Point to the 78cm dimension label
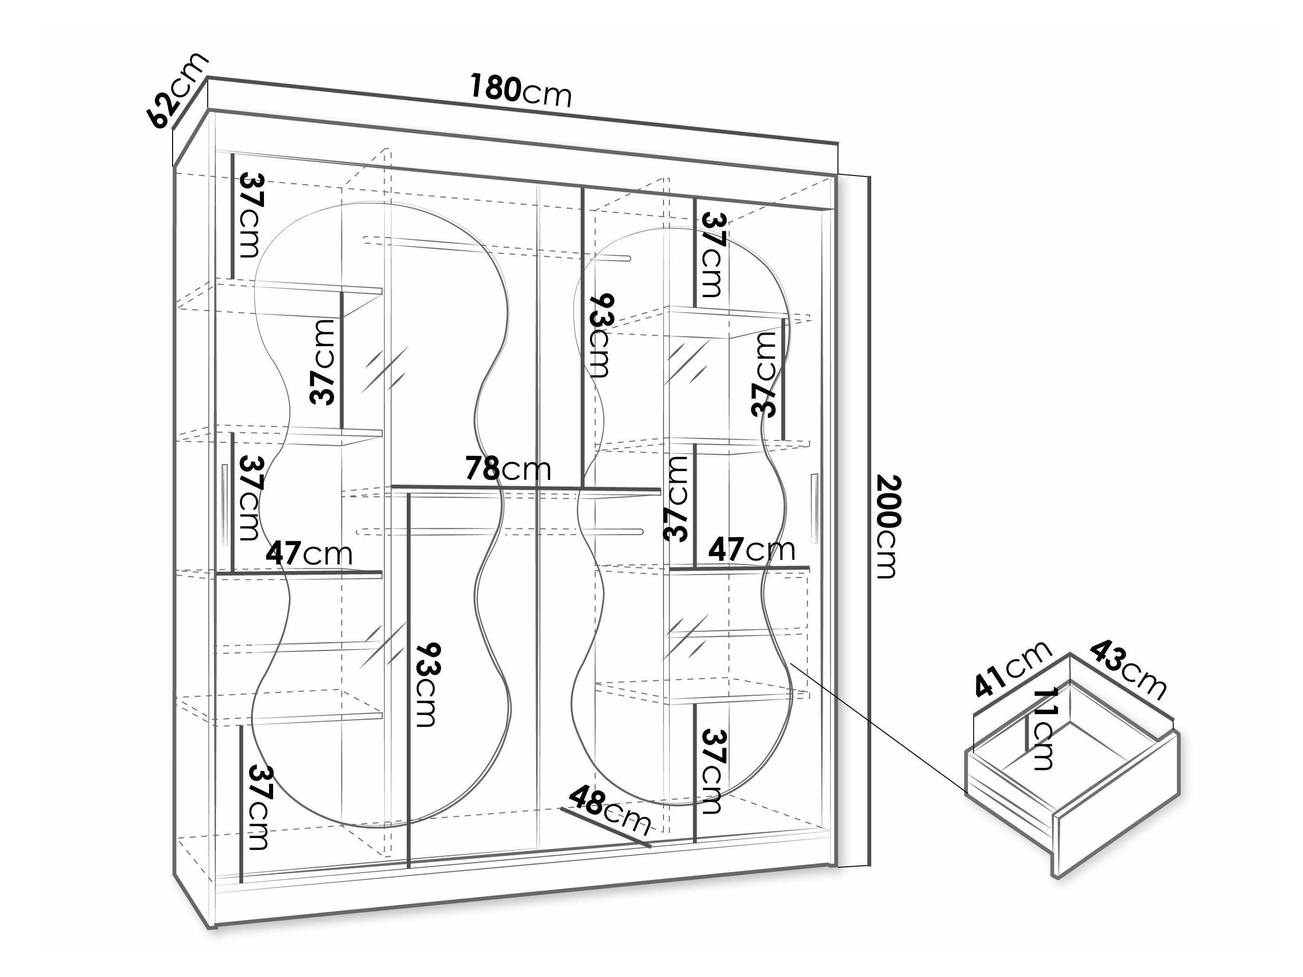pyautogui.click(x=508, y=469)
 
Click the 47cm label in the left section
pyautogui.click(x=309, y=553)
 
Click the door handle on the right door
pyautogui.click(x=814, y=508)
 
